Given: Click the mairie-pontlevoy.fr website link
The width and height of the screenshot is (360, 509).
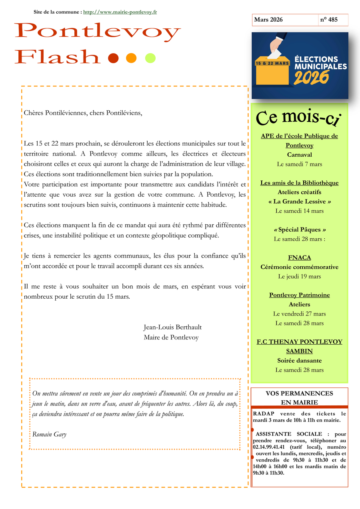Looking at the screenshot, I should pos(120,12).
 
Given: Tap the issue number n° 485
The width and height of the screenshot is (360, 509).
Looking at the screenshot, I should pos(328,20).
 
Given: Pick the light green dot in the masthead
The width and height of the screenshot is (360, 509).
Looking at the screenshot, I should pos(150,58).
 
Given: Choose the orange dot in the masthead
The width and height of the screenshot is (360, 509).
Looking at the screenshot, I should pos(131,58).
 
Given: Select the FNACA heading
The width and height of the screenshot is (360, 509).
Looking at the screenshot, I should pos(299,257).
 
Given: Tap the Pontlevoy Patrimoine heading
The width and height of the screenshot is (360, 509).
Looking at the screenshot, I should pos(299,295).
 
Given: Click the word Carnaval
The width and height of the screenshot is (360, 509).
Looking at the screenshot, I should pos(299,155).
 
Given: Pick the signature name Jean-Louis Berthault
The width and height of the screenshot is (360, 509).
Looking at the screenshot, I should pos(172,327).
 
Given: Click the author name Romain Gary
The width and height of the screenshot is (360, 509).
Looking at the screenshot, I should pos(49,434).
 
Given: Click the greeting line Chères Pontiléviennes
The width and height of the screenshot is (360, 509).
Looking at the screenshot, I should pos(83,113).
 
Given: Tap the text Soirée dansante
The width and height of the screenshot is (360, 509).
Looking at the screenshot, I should pos(299,361).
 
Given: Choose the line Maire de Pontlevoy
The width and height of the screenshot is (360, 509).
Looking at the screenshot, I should pos(171,337).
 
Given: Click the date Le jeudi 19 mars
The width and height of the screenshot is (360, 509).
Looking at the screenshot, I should pos(299,276).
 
